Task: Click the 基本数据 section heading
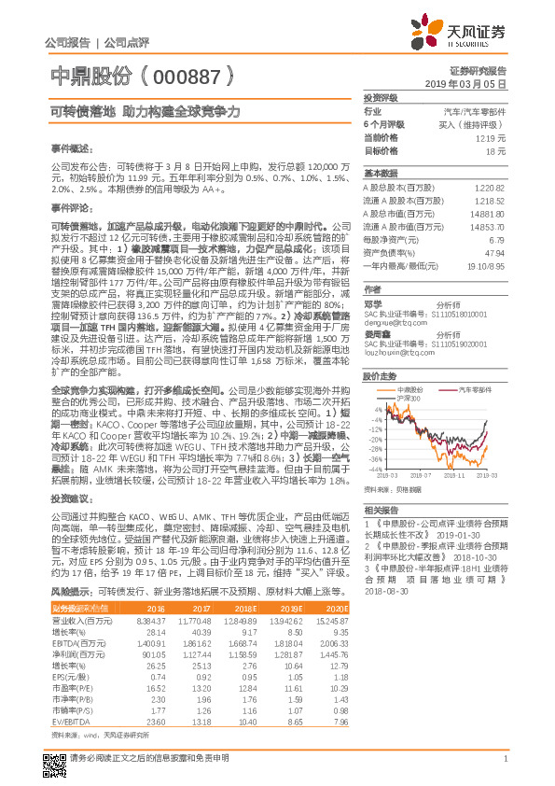pos(381,174)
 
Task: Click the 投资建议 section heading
pos(71,500)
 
